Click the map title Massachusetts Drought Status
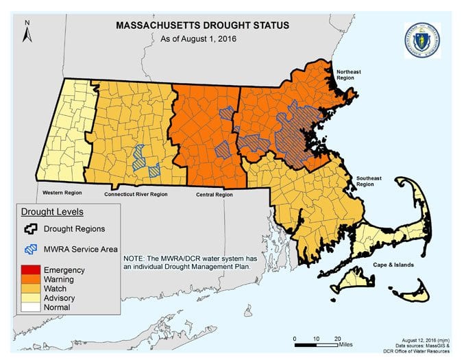pyautogui.click(x=203, y=25)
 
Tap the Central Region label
pyautogui.click(x=214, y=194)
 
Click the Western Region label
pyautogui.click(x=62, y=192)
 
